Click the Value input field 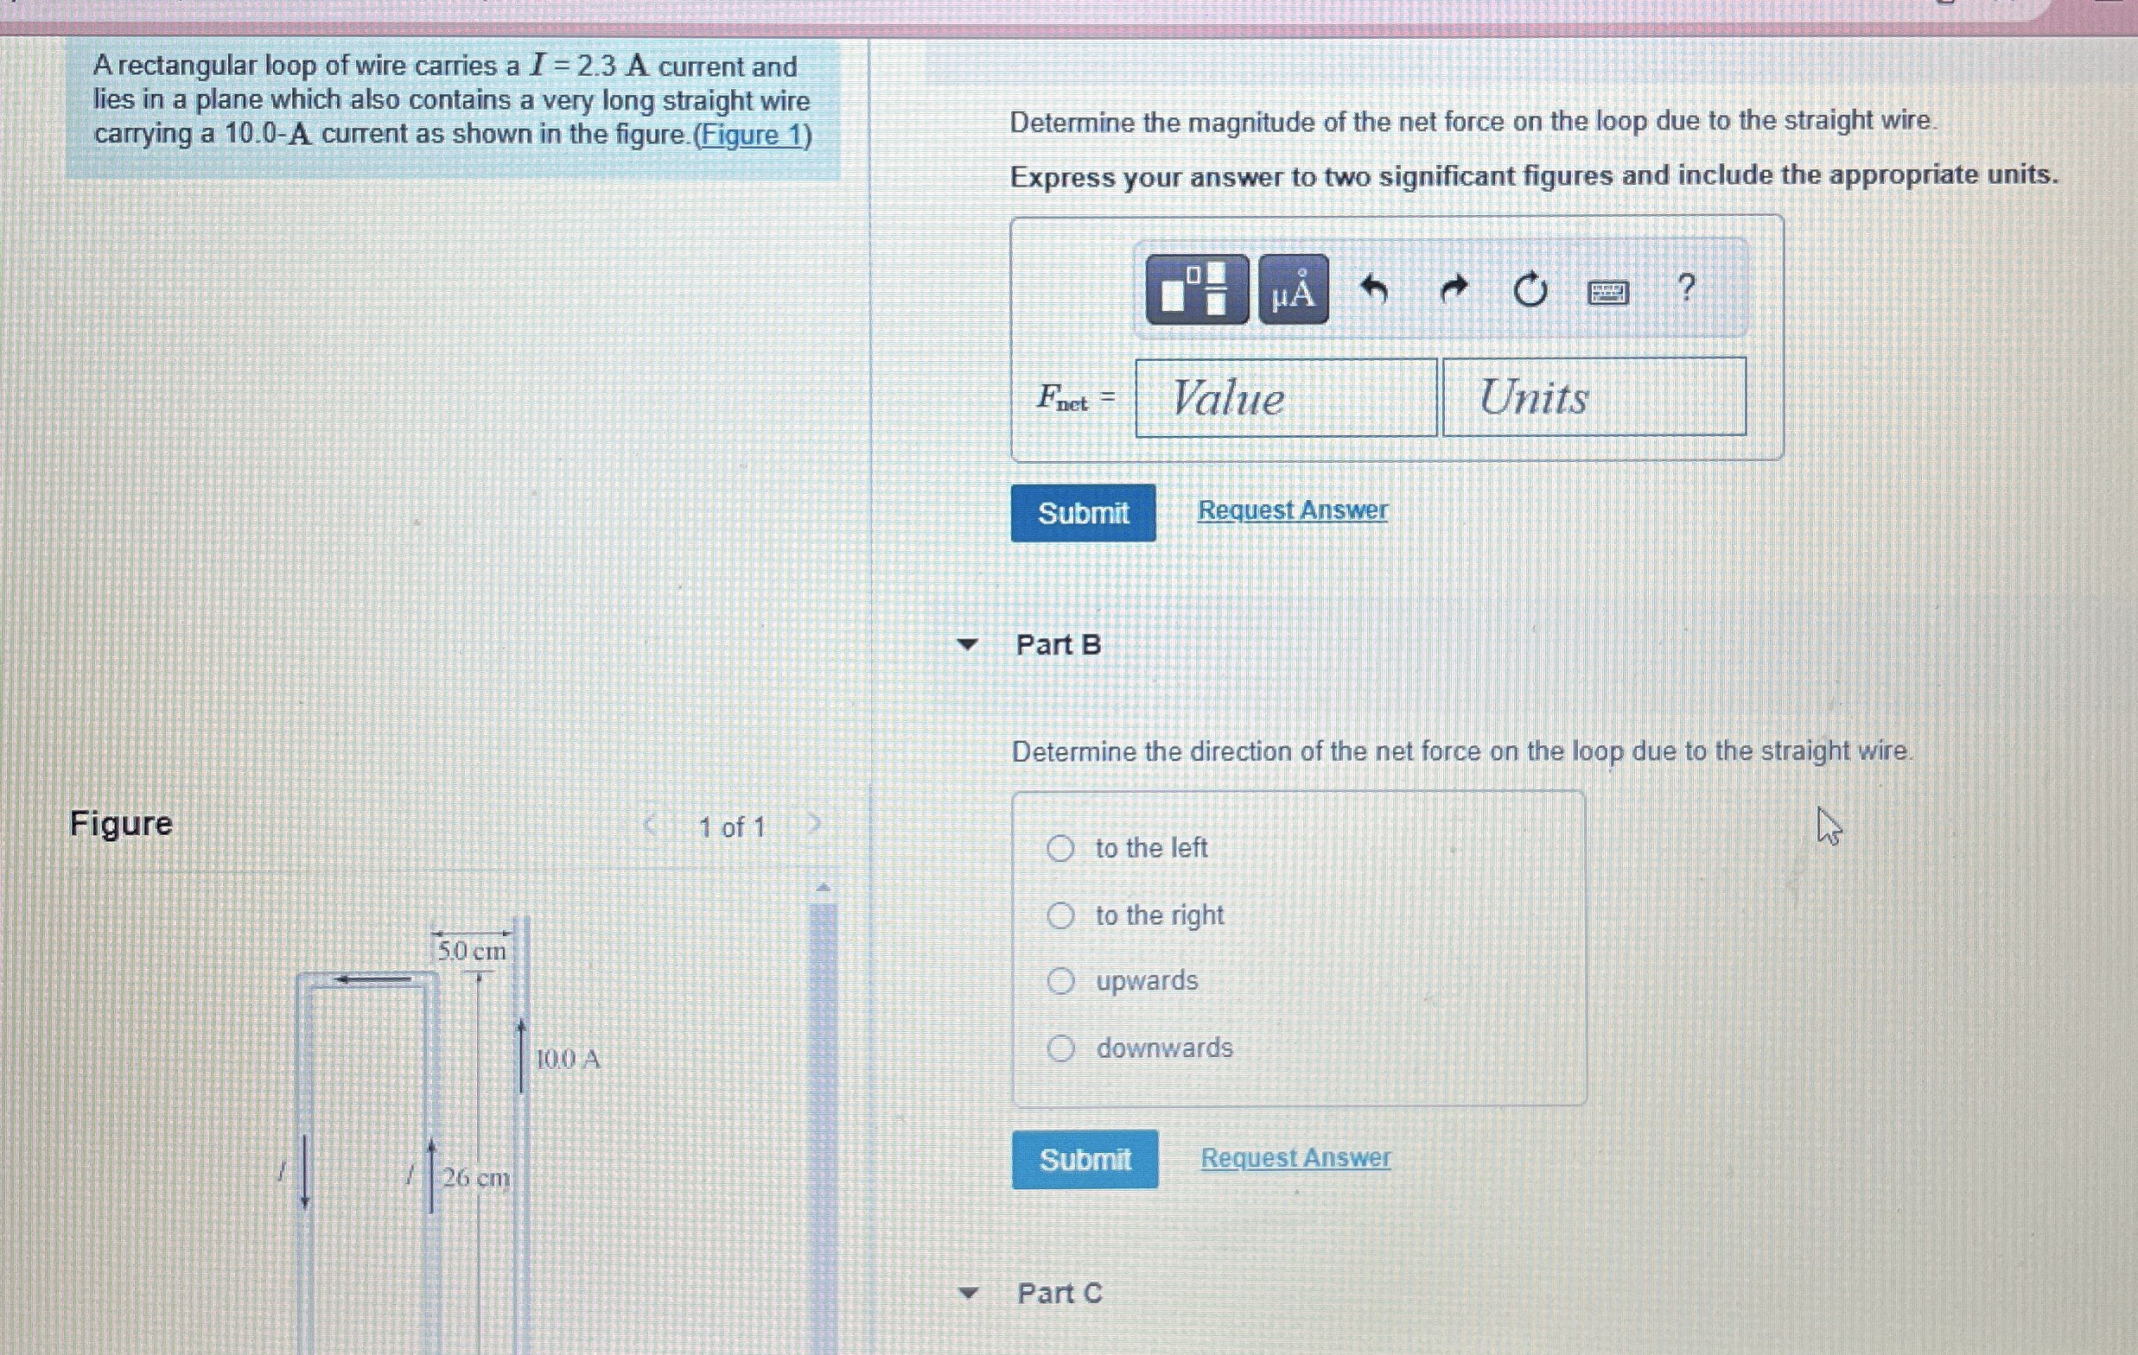point(1285,397)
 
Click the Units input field point(1594,396)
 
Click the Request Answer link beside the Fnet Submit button point(1292,510)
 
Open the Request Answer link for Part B point(1295,1158)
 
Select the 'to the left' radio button point(1060,848)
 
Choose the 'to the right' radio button point(1060,915)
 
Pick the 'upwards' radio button point(1060,980)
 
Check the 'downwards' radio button point(1060,1049)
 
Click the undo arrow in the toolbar point(1374,288)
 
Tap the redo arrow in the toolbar point(1453,288)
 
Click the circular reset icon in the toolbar point(1530,289)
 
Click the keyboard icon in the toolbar point(1607,291)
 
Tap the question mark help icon point(1686,287)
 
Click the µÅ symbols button point(1293,289)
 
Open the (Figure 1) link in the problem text point(752,135)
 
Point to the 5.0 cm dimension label point(472,951)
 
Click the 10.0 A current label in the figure point(569,1059)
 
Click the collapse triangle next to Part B point(968,645)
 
